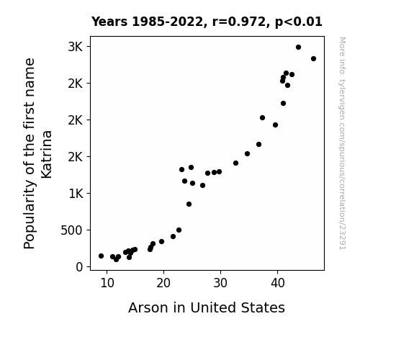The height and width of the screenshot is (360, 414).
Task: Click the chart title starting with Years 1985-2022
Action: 207,22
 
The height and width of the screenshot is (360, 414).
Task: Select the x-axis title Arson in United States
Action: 207,307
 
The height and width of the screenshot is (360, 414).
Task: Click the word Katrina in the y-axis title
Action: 47,155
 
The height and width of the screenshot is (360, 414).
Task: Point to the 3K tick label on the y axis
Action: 76,47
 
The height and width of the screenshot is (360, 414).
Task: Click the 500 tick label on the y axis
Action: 71,230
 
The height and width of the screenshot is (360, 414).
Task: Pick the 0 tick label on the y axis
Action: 79,267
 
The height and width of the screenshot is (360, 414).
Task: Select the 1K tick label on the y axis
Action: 76,194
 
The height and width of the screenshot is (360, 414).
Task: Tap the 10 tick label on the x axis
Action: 107,283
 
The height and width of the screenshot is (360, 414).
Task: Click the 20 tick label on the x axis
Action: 163,283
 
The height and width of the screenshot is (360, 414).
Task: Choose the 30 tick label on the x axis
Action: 220,283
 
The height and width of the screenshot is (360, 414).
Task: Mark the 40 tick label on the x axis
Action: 277,283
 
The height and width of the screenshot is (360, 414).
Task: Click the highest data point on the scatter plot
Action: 298,48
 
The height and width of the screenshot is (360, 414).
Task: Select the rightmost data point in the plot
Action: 313,58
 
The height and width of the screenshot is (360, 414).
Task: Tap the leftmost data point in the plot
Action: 101,256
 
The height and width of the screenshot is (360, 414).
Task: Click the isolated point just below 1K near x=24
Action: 189,204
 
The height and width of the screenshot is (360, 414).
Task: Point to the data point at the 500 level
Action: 179,230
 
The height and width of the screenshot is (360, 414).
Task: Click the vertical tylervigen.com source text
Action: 342,143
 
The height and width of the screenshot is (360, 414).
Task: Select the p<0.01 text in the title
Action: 299,22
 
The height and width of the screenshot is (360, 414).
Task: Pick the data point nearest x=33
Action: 235,163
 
